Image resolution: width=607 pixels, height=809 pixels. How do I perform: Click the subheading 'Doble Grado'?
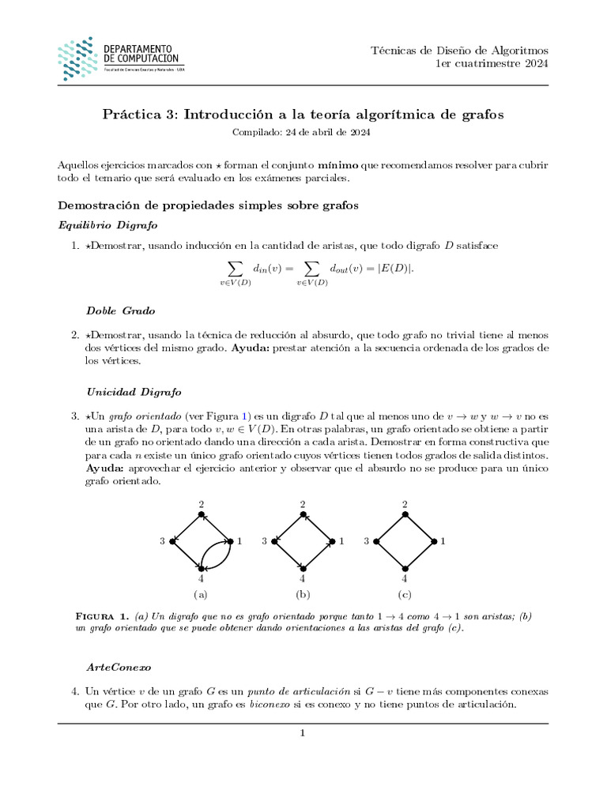tap(120, 310)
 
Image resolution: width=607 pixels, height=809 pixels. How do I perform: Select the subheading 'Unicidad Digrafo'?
tap(134, 391)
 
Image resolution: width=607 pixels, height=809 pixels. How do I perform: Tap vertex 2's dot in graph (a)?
tap(202, 514)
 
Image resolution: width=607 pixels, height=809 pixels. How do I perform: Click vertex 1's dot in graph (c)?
tap(433, 541)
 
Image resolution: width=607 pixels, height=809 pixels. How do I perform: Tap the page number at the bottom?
tap(303, 733)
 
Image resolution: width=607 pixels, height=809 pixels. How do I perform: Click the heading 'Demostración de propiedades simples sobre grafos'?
tap(208, 205)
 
